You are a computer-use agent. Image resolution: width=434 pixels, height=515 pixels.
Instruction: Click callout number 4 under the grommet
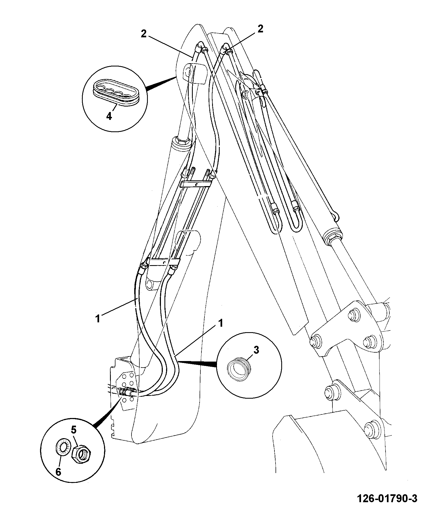[109, 116]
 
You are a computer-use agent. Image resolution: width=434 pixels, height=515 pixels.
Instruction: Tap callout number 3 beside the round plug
[256, 350]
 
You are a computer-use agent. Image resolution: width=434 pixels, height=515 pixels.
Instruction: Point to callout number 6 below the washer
[58, 471]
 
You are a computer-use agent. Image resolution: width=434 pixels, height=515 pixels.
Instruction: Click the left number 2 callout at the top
[143, 34]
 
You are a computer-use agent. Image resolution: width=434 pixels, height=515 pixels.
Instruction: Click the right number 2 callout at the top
[260, 29]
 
